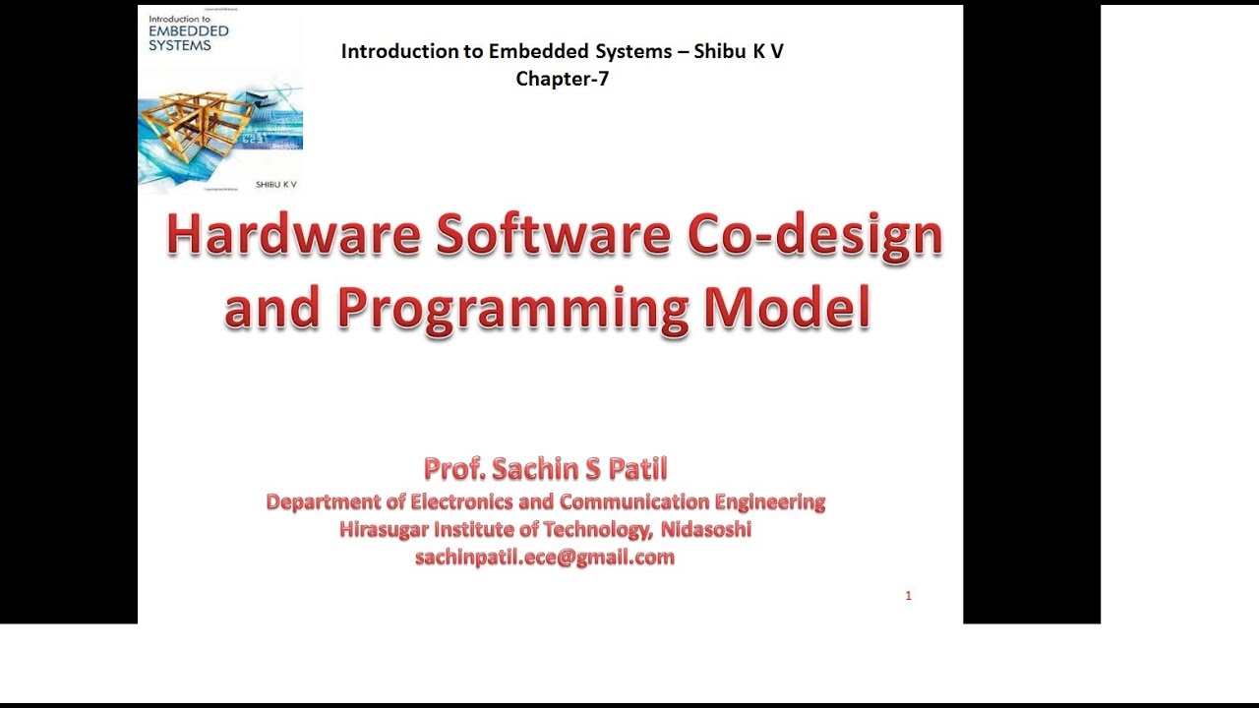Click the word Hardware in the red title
click(293, 237)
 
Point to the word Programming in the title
click(511, 310)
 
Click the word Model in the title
click(787, 308)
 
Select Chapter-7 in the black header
click(562, 80)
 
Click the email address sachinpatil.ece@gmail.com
click(545, 558)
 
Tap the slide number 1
click(908, 596)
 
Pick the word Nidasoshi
click(706, 530)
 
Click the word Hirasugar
click(385, 530)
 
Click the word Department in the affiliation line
click(323, 502)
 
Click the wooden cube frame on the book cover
click(198, 118)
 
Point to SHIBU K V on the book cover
click(275, 184)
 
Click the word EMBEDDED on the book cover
click(188, 31)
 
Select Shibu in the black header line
click(721, 52)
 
